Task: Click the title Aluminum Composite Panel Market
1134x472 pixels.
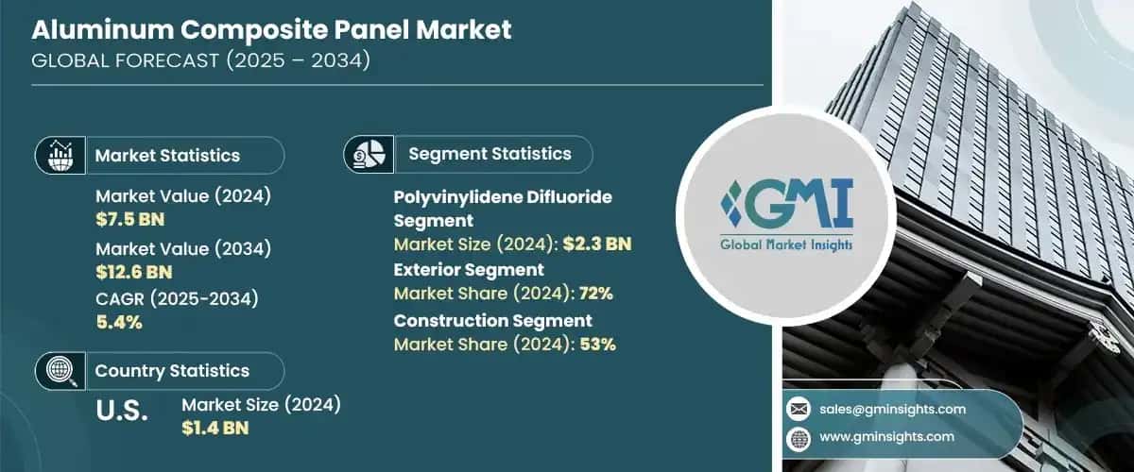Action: click(271, 29)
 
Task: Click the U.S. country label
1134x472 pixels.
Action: click(122, 412)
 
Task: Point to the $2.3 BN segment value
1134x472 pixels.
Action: click(596, 244)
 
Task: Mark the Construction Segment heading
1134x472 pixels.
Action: click(492, 321)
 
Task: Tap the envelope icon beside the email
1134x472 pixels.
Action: click(799, 409)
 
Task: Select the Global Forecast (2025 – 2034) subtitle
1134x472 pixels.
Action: click(200, 61)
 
